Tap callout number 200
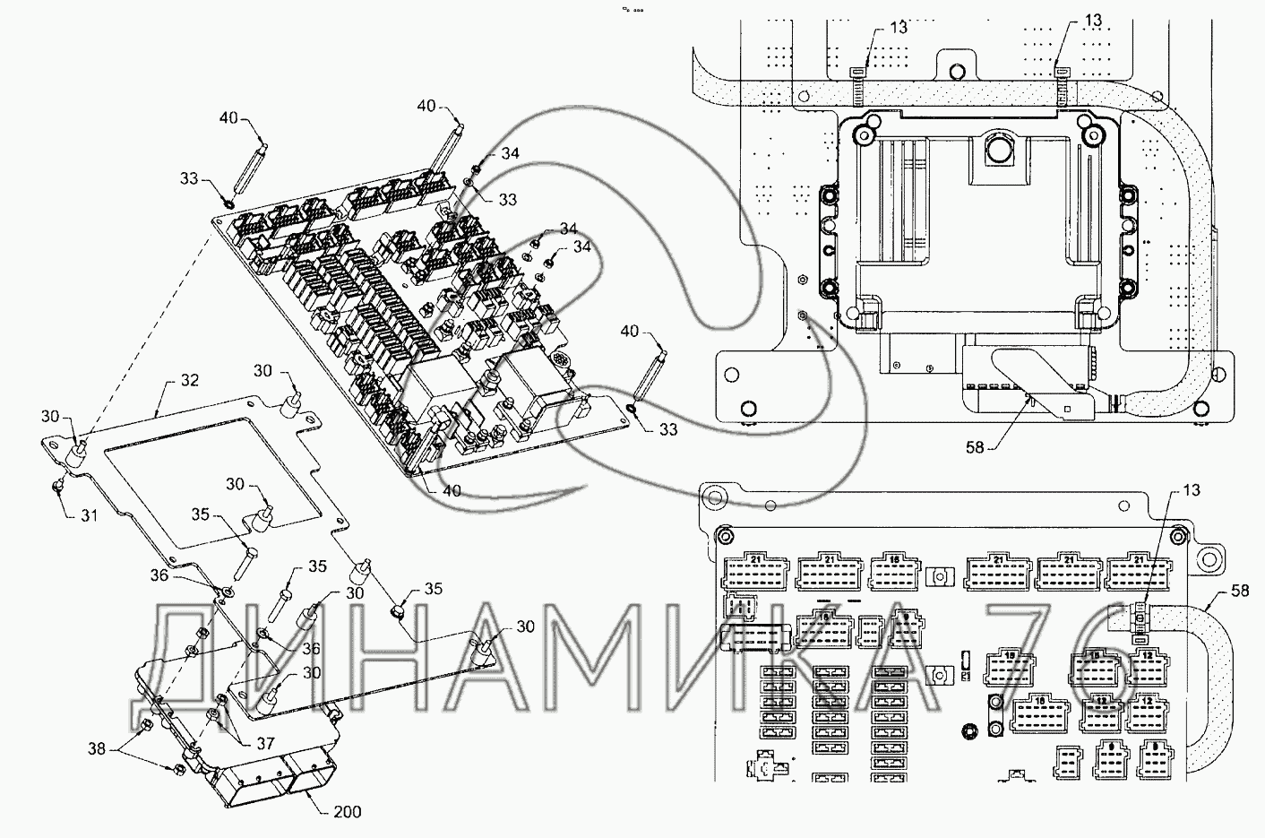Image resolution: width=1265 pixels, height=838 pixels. pyautogui.click(x=347, y=812)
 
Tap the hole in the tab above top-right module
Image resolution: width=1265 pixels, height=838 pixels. pyautogui.click(x=958, y=69)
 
